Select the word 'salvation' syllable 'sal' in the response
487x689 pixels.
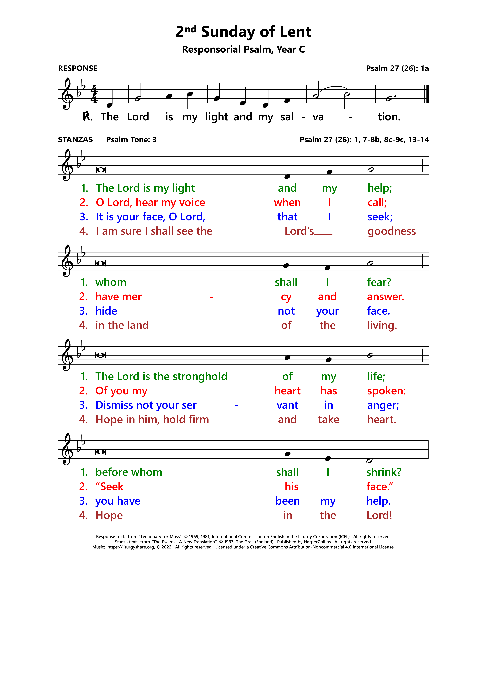287,117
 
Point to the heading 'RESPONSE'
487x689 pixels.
78,68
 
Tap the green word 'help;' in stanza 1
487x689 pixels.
380,188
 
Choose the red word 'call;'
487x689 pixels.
377,203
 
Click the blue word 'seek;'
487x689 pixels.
380,217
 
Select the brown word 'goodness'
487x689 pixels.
392,231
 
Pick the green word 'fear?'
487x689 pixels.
379,282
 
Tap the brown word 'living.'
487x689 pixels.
382,325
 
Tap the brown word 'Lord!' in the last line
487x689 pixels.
379,515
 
